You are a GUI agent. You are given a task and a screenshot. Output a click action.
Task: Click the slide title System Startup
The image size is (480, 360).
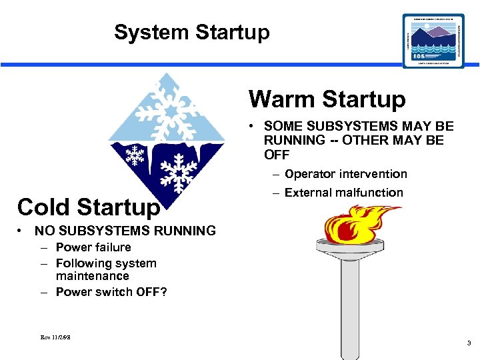click(191, 32)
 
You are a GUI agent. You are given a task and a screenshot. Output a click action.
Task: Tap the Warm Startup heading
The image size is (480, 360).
click(327, 99)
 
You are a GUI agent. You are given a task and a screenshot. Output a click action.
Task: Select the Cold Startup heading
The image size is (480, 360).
click(89, 207)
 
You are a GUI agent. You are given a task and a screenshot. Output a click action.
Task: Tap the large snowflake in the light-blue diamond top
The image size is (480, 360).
click(168, 105)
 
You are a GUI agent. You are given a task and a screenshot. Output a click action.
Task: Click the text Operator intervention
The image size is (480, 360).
click(345, 174)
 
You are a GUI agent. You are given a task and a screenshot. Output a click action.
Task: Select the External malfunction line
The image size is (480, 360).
click(343, 193)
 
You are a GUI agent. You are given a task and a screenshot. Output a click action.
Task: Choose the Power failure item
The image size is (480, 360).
click(93, 247)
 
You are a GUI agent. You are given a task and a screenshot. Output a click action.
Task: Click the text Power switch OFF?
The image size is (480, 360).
click(111, 291)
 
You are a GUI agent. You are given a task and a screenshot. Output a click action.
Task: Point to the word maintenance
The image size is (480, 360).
click(92, 275)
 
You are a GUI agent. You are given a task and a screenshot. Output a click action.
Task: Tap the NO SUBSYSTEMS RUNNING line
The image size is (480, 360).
click(125, 231)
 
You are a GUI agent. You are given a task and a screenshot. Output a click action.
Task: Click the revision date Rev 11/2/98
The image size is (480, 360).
click(55, 337)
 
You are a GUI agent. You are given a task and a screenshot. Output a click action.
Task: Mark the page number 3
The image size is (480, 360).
click(469, 343)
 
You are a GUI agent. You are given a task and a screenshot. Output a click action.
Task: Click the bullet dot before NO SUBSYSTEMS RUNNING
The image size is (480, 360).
click(22, 231)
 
